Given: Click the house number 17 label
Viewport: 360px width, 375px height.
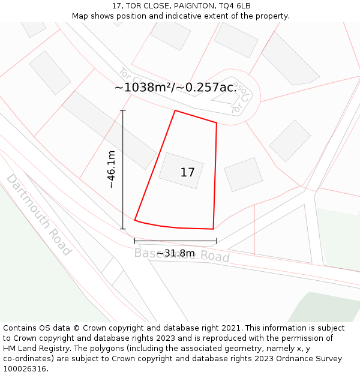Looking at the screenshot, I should tap(187, 173).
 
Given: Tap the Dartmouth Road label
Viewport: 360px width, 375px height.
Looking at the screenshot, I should tap(39, 214).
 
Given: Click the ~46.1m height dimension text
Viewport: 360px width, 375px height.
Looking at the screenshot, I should tap(112, 169).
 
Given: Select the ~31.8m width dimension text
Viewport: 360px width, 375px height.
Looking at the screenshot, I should tap(175, 253).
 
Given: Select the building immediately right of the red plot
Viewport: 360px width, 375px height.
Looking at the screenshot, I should tap(243, 174).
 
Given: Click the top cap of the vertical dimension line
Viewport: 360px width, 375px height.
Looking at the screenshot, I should tap(123, 110).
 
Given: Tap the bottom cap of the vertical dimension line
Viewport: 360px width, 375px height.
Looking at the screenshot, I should tap(123, 229).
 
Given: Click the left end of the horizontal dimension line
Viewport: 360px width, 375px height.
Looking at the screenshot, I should tap(135, 241).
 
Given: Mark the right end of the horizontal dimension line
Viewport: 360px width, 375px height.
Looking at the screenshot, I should tap(216, 241).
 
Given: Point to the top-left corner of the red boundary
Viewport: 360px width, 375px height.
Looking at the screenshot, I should tap(175, 110).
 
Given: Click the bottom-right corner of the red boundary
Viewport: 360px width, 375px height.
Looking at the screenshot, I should tap(213, 229).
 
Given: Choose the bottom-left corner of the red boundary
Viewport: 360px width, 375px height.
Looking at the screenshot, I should tap(135, 220).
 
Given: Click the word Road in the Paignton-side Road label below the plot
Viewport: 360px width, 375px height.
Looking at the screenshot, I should tap(215, 257).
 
